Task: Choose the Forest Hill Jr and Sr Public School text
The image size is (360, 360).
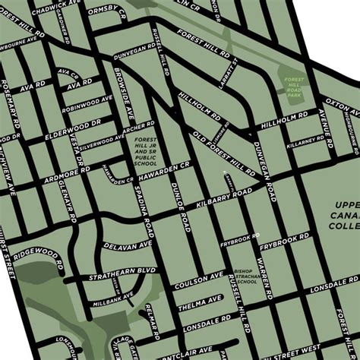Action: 145,151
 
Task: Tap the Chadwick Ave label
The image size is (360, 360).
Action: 52,5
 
